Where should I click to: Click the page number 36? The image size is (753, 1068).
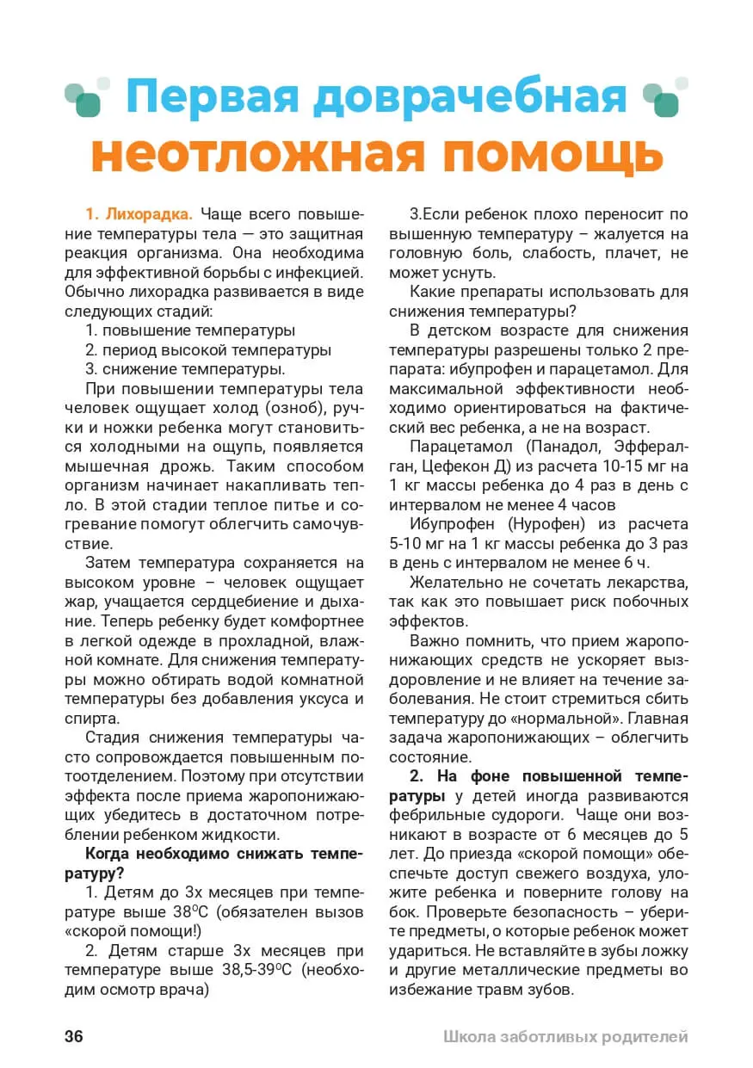click(74, 1036)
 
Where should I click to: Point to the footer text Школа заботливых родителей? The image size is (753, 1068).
click(565, 1036)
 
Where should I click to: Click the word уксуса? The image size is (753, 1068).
click(316, 698)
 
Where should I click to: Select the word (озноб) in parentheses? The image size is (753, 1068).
click(288, 407)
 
